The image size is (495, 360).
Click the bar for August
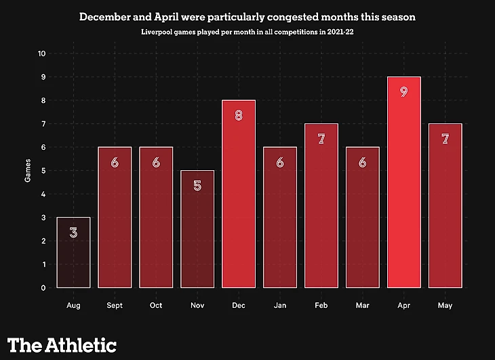pos(73,252)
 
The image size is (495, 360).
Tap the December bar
pos(239,194)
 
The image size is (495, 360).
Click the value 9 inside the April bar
pos(403,91)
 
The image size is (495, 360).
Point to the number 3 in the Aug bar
pos(73,232)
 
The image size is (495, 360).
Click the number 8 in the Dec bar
pos(239,115)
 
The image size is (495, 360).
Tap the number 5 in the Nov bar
pos(197,184)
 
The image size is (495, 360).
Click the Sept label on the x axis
pos(115,306)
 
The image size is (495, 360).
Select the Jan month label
pos(280,306)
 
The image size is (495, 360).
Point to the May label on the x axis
pos(445,306)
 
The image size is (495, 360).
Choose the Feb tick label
pos(321,306)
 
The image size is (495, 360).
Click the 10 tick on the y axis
pos(42,54)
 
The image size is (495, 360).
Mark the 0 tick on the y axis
pos(44,287)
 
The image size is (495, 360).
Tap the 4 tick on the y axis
pos(44,194)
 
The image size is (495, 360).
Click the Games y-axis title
pos(28,170)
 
